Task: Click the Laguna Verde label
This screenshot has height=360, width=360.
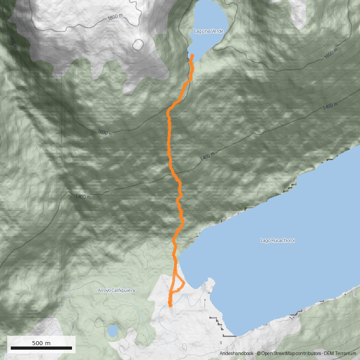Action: pyautogui.click(x=208, y=31)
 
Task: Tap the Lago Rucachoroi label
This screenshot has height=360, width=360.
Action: pyautogui.click(x=277, y=240)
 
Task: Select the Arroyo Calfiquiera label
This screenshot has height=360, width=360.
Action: pyautogui.click(x=116, y=291)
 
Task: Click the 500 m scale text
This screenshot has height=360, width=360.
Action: pyautogui.click(x=41, y=343)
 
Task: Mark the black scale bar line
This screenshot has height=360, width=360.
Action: pyautogui.click(x=41, y=348)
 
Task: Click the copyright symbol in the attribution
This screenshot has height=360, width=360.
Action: pyautogui.click(x=259, y=354)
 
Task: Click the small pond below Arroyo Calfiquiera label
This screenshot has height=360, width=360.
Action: pyautogui.click(x=112, y=332)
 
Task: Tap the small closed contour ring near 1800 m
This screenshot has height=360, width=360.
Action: pyautogui.click(x=138, y=45)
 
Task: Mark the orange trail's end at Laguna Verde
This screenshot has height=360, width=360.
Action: pyautogui.click(x=193, y=55)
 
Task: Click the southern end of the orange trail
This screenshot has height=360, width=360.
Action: pyautogui.click(x=170, y=306)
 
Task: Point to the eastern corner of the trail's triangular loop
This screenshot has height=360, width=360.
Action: pyautogui.click(x=184, y=283)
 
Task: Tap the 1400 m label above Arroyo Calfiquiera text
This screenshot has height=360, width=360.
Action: pyautogui.click(x=83, y=197)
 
